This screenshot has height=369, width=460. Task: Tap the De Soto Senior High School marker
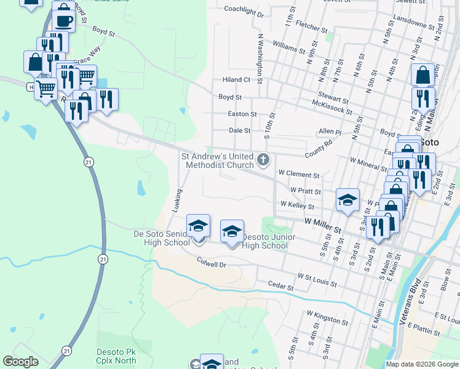click(198, 228)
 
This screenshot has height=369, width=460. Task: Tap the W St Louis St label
click(317, 280)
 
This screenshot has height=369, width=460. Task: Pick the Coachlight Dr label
click(244, 10)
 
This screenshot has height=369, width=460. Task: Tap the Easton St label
click(242, 114)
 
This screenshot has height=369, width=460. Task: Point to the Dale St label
click(239, 130)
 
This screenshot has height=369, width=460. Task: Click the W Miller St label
click(322, 225)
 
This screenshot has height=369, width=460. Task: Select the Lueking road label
click(178, 201)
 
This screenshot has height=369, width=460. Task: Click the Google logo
click(20, 362)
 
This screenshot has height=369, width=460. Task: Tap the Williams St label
click(288, 47)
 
